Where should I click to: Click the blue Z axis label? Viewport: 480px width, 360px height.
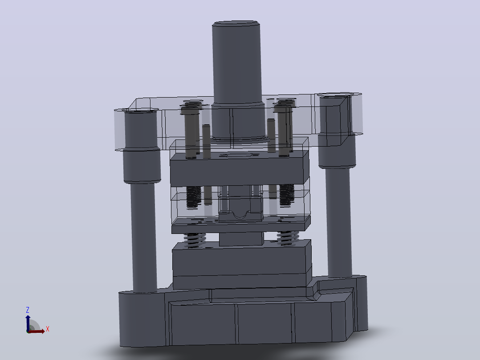(28, 310)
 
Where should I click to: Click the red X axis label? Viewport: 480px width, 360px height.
(48, 329)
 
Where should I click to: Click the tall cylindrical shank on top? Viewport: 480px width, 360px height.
(236, 63)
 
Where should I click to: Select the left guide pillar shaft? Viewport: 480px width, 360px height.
(143, 236)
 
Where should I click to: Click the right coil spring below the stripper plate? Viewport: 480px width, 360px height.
(288, 238)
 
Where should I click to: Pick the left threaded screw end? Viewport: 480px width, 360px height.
(194, 197)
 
